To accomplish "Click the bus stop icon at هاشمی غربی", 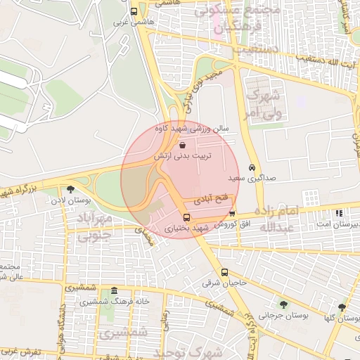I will (134, 11).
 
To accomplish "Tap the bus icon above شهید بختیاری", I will (186, 217).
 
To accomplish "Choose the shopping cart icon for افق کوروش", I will (233, 214).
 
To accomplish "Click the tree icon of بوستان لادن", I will (70, 189).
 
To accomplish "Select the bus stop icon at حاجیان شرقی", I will (224, 273).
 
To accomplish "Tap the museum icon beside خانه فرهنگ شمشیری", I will (114, 291).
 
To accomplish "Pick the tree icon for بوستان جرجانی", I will (283, 305).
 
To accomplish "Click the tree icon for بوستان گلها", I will (341, 307).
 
